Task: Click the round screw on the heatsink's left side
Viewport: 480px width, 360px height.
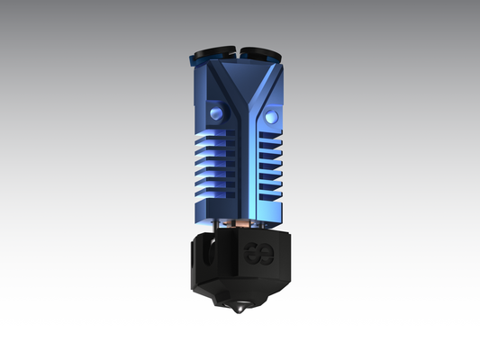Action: point(216,112)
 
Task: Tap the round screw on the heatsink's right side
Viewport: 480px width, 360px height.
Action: point(274,115)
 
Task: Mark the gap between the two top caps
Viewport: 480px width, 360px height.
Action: point(240,50)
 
